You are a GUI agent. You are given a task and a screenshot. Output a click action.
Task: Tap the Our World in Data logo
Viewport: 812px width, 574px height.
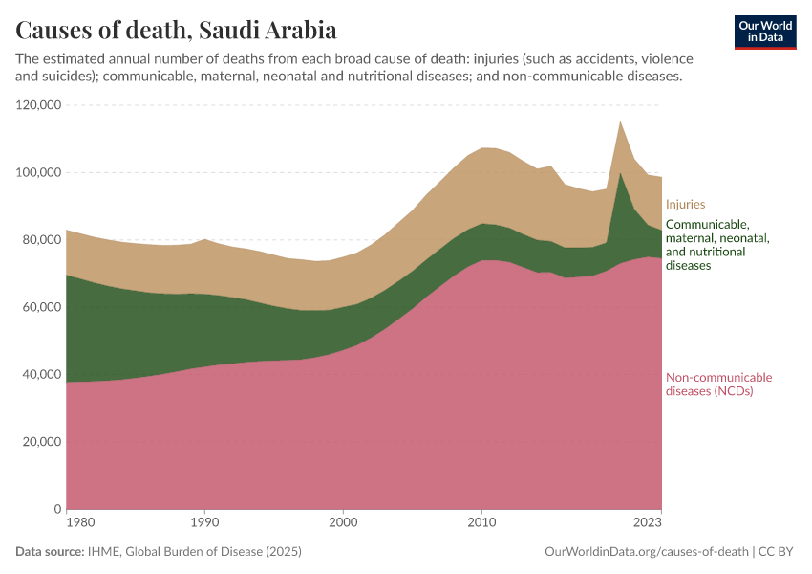765,32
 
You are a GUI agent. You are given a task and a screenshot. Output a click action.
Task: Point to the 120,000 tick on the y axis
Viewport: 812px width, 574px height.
39,105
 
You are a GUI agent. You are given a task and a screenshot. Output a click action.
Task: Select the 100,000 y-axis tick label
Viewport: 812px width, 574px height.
39,172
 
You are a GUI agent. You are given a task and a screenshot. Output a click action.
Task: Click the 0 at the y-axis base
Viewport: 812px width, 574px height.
58,510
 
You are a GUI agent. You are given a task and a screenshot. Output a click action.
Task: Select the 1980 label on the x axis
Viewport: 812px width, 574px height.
80,523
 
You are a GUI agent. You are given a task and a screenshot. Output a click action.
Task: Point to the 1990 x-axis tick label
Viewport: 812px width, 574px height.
204,523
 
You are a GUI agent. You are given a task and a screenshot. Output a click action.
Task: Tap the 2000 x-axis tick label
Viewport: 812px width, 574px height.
343,523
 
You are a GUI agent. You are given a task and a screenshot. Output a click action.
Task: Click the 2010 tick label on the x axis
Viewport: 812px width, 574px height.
482,523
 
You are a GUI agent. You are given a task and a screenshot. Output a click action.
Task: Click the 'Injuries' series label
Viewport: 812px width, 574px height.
685,204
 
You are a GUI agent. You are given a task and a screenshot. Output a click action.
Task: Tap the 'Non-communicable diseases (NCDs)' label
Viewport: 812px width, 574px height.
718,384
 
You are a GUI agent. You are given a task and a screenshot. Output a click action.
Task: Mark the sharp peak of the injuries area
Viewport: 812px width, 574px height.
621,122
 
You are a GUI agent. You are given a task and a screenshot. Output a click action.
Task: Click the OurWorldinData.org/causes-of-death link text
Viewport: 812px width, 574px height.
646,552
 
